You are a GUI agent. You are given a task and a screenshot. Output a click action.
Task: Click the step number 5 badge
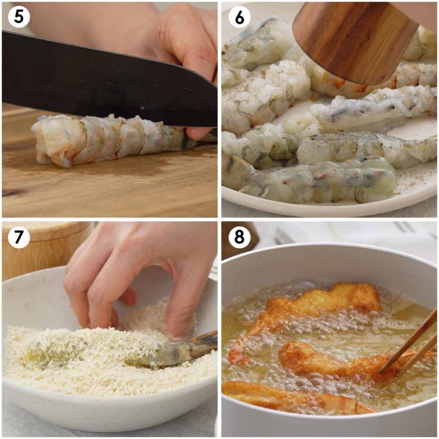point(19,18)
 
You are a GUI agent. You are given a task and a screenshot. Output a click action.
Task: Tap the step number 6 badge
point(239,18)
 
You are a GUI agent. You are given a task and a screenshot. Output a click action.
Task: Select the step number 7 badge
point(19,238)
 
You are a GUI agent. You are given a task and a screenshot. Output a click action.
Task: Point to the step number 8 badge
point(239,238)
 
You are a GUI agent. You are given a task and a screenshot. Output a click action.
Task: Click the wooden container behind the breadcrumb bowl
point(37,244)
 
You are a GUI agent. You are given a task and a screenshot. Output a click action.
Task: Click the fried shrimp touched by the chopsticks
point(329,360)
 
